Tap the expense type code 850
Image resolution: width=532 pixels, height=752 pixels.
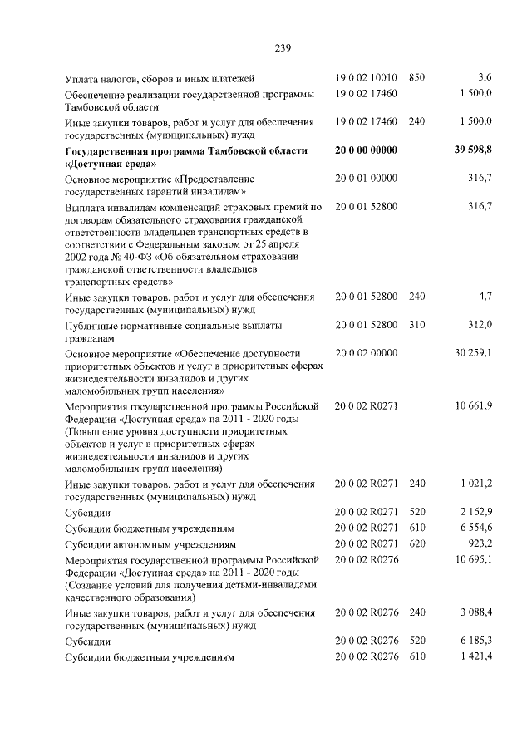point(417,77)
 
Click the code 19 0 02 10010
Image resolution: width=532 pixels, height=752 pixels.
point(367,77)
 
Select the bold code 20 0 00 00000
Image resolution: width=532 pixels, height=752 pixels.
point(367,150)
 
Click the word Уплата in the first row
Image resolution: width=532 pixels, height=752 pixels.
point(85,78)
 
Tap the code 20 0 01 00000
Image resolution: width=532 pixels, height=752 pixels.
point(367,179)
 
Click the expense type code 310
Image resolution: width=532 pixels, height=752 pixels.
point(417,324)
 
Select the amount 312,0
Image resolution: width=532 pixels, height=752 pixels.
point(480,324)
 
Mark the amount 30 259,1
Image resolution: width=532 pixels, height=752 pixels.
point(474,353)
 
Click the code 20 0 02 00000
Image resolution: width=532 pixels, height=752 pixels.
point(367,353)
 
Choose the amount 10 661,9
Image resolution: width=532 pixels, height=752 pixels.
point(474,405)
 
